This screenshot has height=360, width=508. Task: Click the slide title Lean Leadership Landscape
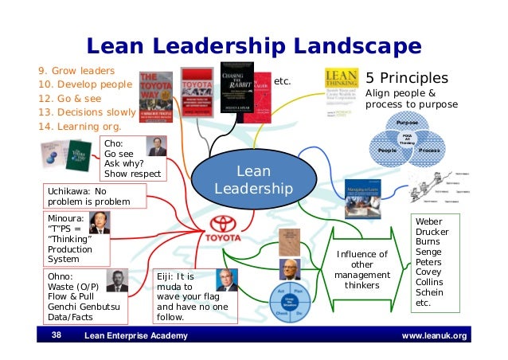click(x=253, y=45)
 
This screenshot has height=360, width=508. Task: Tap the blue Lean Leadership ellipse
click(x=254, y=180)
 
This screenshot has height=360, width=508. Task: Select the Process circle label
click(x=428, y=150)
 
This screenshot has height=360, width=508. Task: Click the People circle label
click(x=387, y=150)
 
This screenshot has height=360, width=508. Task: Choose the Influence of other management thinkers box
click(x=361, y=268)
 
